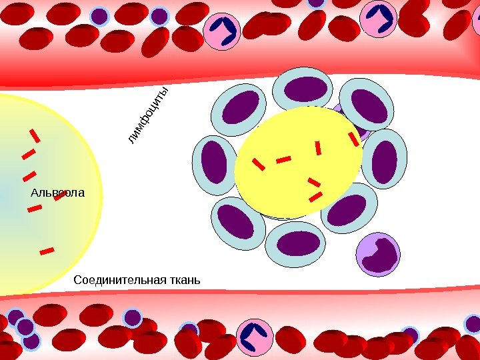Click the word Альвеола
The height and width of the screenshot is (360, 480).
58,194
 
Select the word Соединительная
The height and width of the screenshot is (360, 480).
118,278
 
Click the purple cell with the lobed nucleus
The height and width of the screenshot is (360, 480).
378,254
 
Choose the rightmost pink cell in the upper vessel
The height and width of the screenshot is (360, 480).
379,19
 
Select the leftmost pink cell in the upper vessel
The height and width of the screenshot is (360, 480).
222,31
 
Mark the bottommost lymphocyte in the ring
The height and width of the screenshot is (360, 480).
295,243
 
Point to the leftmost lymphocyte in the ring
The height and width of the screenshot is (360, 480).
214,161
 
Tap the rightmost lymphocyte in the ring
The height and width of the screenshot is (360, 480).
385,161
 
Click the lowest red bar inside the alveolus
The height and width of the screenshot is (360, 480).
47,251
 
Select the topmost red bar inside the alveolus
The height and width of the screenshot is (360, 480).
35,135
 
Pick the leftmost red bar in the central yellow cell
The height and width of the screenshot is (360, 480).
258,163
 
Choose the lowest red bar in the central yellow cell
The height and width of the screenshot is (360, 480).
315,197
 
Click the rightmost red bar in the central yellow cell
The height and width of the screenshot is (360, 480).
353,139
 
